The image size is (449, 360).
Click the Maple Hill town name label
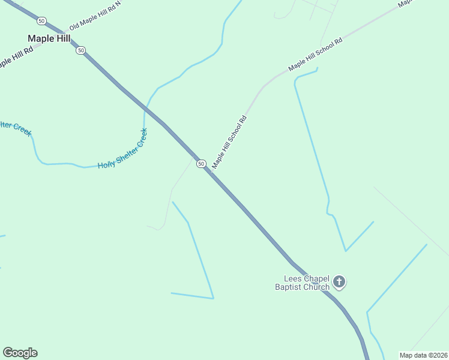pyautogui.click(x=49, y=38)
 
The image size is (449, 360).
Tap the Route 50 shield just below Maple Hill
pyautogui.click(x=81, y=50)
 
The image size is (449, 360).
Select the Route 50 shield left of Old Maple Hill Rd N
pyautogui.click(x=41, y=21)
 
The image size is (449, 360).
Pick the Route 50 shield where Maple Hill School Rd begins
pyautogui.click(x=201, y=164)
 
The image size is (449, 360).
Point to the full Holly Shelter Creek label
pyautogui.click(x=123, y=149)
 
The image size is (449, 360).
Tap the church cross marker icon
pyautogui.click(x=339, y=281)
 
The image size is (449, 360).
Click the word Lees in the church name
pyautogui.click(x=293, y=278)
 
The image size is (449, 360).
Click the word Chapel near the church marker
pyautogui.click(x=316, y=278)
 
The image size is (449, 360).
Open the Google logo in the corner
pyautogui.click(x=20, y=353)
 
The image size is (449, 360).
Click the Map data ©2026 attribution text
pyautogui.click(x=423, y=355)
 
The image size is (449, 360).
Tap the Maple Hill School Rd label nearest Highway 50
pyautogui.click(x=229, y=142)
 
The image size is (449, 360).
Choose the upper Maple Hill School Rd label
pyautogui.click(x=315, y=55)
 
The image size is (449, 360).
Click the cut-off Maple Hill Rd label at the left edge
pyautogui.click(x=15, y=55)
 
